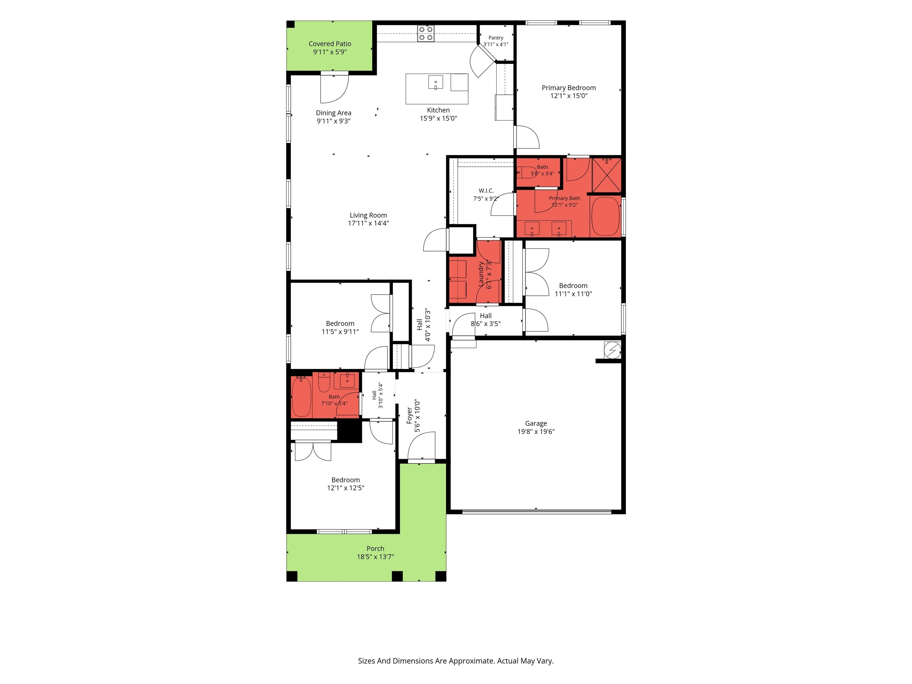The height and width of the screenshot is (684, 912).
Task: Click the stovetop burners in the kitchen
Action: [425, 33]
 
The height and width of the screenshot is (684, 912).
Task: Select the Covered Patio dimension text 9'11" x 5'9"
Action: [330, 52]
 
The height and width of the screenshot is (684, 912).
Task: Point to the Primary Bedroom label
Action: [569, 87]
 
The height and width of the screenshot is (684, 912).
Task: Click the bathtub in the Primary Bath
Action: [606, 216]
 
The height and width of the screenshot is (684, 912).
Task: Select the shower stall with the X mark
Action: [607, 175]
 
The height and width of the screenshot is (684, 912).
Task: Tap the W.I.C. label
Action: [486, 191]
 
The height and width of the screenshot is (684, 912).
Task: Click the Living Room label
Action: [368, 215]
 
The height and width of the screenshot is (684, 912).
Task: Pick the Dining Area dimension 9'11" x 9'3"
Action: [334, 121]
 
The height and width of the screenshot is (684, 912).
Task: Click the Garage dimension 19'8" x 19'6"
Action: [536, 431]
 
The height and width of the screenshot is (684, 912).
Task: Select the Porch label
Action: [375, 548]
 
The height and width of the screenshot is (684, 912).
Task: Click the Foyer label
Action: [409, 416]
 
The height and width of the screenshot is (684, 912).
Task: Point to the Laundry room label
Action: [481, 274]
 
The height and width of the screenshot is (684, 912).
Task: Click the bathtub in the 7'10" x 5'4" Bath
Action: [301, 397]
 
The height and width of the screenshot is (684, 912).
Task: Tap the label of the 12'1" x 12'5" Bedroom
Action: [346, 479]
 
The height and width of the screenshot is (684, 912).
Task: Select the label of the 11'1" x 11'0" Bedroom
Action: [573, 285]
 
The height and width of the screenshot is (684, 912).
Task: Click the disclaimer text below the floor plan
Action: [456, 661]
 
